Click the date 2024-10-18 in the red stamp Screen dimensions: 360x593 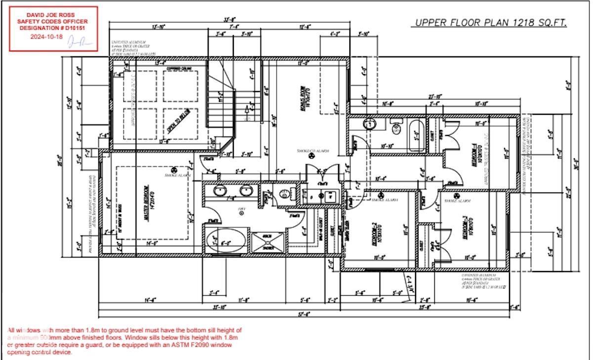tap(47, 37)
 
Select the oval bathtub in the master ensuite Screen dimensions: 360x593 tap(225, 243)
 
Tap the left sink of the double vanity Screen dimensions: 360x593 tap(220, 191)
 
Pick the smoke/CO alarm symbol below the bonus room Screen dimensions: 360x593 tap(311, 156)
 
